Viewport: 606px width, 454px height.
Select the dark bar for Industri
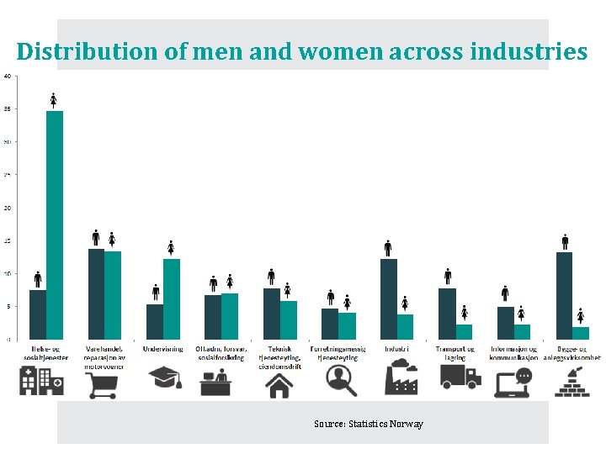[x=388, y=298]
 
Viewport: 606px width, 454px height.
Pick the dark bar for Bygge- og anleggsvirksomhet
[x=564, y=295]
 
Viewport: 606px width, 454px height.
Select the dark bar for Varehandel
[x=96, y=293]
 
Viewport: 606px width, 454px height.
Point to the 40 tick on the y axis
[x=8, y=76]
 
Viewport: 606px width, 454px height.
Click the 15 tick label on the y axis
[x=8, y=240]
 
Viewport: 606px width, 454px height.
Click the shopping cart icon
[x=103, y=383]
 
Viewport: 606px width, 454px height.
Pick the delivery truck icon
[x=460, y=377]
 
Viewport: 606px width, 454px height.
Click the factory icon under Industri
[x=401, y=378]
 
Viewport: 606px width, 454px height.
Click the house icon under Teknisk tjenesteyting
[x=279, y=384]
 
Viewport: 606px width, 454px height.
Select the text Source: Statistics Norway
[x=368, y=424]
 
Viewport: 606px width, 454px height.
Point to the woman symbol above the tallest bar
[x=54, y=100]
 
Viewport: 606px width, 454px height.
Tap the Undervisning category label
[x=163, y=349]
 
